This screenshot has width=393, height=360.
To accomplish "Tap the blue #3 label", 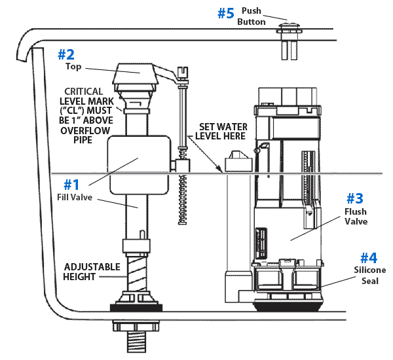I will coord(354,198).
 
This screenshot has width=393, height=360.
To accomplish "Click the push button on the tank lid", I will coord(289,27).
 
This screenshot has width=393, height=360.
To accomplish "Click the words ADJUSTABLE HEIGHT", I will coord(92,272).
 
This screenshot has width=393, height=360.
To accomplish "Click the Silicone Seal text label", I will coord(370,276).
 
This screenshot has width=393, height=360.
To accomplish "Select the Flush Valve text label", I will coord(355,217).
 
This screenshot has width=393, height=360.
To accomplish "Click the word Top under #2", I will coord(73,66).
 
